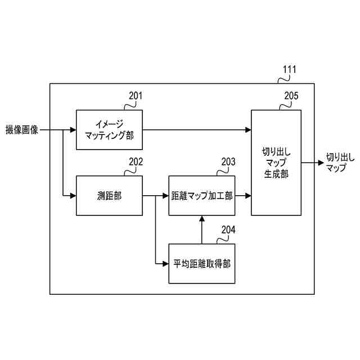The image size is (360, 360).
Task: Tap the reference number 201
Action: (135, 95)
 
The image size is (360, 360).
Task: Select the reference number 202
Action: (136, 162)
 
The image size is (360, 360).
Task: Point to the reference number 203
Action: (228, 162)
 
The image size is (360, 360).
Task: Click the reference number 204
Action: (228, 229)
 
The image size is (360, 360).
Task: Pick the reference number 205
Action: (291, 95)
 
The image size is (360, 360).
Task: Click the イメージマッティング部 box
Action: (109, 129)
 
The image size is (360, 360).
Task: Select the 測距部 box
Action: (109, 196)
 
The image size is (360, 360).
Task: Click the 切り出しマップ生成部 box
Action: (276, 163)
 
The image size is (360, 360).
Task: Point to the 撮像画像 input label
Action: (22, 130)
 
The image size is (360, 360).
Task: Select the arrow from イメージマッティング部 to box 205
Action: (196, 130)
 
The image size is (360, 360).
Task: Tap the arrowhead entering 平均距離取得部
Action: (165, 263)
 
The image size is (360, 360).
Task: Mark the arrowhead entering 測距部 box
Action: (73, 196)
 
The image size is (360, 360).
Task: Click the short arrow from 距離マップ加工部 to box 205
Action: (242, 196)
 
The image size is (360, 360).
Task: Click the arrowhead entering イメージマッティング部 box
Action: (73, 130)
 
